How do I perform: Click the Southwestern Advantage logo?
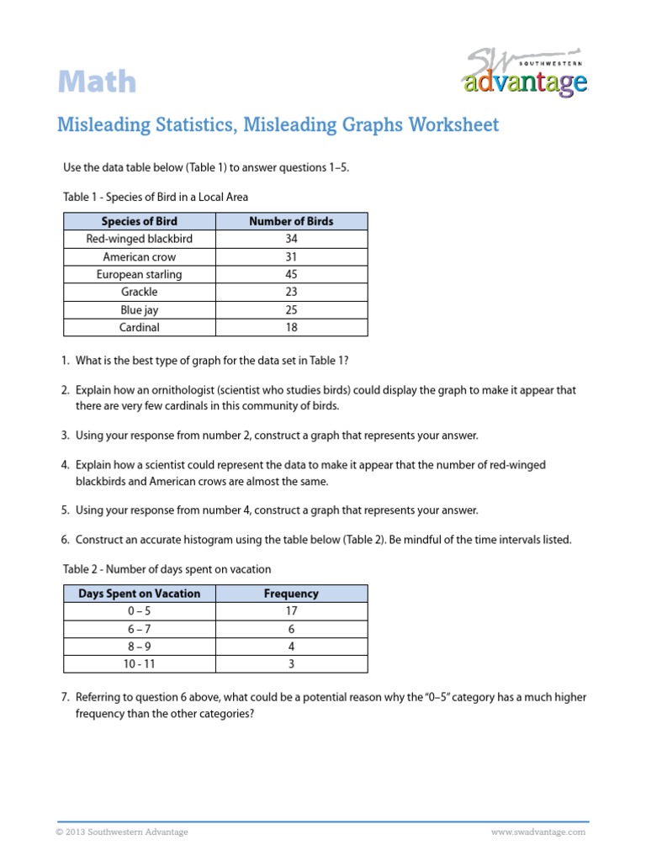(524, 75)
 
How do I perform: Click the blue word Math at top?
(97, 82)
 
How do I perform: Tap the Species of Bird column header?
(140, 221)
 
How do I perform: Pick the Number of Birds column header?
(291, 221)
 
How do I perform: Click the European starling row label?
(140, 274)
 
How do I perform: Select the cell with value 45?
(291, 274)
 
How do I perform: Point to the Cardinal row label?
(140, 327)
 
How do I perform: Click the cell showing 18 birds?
(291, 327)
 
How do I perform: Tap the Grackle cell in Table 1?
(140, 292)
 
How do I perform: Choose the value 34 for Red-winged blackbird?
(291, 239)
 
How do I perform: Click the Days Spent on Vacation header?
(140, 593)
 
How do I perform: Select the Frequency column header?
(291, 593)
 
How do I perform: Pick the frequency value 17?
(291, 610)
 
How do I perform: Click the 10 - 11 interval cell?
(140, 663)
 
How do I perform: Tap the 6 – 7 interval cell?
(140, 628)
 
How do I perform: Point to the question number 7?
(65, 697)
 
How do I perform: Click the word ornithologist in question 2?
(189, 390)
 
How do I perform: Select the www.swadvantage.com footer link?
(537, 832)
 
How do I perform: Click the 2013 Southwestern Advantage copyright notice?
(123, 832)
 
